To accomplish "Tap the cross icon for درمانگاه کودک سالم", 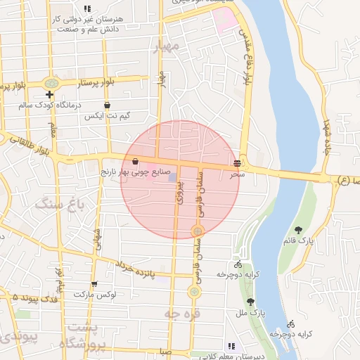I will click(x=49, y=94).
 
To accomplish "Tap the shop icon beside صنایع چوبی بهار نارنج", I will click(x=135, y=161).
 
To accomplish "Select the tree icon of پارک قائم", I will click(x=299, y=229).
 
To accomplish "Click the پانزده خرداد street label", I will click(x=141, y=271).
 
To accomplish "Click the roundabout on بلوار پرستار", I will click(x=51, y=83).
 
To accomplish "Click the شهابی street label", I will click(x=98, y=240).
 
